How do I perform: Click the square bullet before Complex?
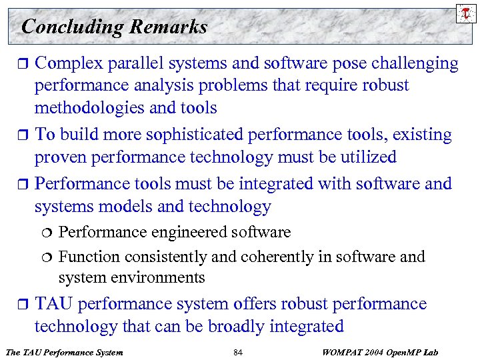pos(21,65)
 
